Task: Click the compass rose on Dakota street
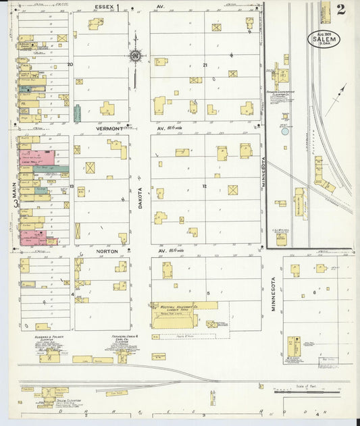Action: coord(135,56)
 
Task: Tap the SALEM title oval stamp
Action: coord(324,38)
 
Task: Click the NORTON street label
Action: coord(107,251)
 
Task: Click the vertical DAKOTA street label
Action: coord(141,196)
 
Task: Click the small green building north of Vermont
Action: coord(77,113)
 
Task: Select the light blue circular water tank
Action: coord(284,132)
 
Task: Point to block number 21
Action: coord(205,65)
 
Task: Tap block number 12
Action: coord(203,185)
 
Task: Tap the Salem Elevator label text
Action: coord(66,401)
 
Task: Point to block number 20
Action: coord(70,65)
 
